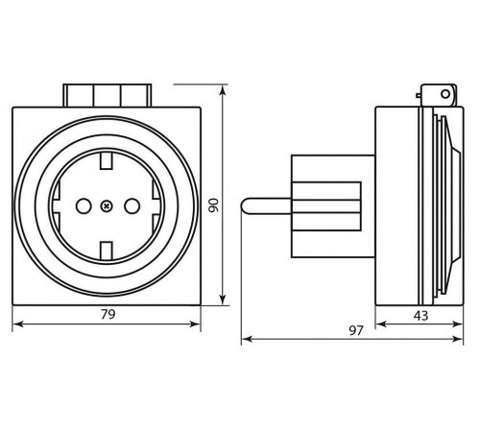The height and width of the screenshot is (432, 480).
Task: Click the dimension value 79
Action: (x=108, y=314)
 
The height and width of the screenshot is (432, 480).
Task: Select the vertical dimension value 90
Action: (x=214, y=205)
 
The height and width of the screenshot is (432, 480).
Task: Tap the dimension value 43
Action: (x=420, y=316)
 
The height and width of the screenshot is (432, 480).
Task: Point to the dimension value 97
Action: (x=356, y=330)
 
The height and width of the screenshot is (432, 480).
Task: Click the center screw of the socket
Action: (x=106, y=206)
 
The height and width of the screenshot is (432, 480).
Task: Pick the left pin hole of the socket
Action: (x=84, y=206)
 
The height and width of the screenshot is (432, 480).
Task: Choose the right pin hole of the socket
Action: (x=132, y=206)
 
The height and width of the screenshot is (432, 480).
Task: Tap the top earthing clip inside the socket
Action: (x=106, y=161)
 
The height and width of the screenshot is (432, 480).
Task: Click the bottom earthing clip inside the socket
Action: (x=106, y=251)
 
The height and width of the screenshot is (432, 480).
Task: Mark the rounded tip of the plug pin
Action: (x=245, y=205)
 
